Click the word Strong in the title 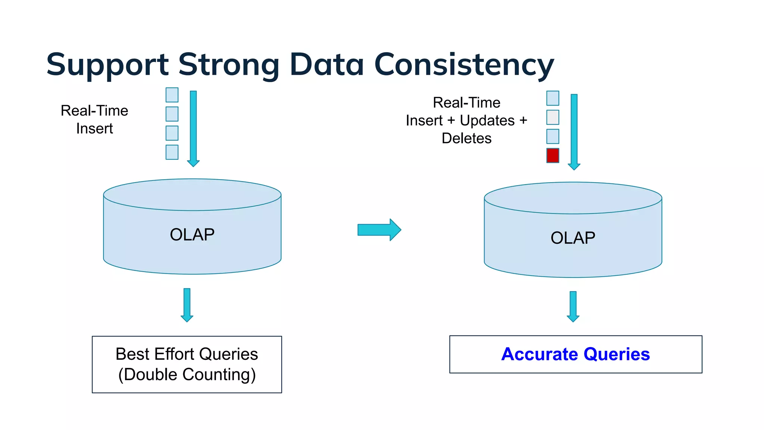tap(229, 64)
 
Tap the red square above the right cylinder tap(552, 155)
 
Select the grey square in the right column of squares tap(552, 117)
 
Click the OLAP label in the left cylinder tap(192, 235)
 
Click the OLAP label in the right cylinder tap(573, 238)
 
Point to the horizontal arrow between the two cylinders tap(379, 230)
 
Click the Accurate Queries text tap(575, 354)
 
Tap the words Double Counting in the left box tap(187, 374)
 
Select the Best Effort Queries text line tap(187, 354)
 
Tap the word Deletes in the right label tap(466, 138)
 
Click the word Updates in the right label tap(487, 121)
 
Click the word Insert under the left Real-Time tap(94, 128)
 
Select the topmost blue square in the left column tap(172, 95)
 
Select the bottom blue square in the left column tap(172, 152)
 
